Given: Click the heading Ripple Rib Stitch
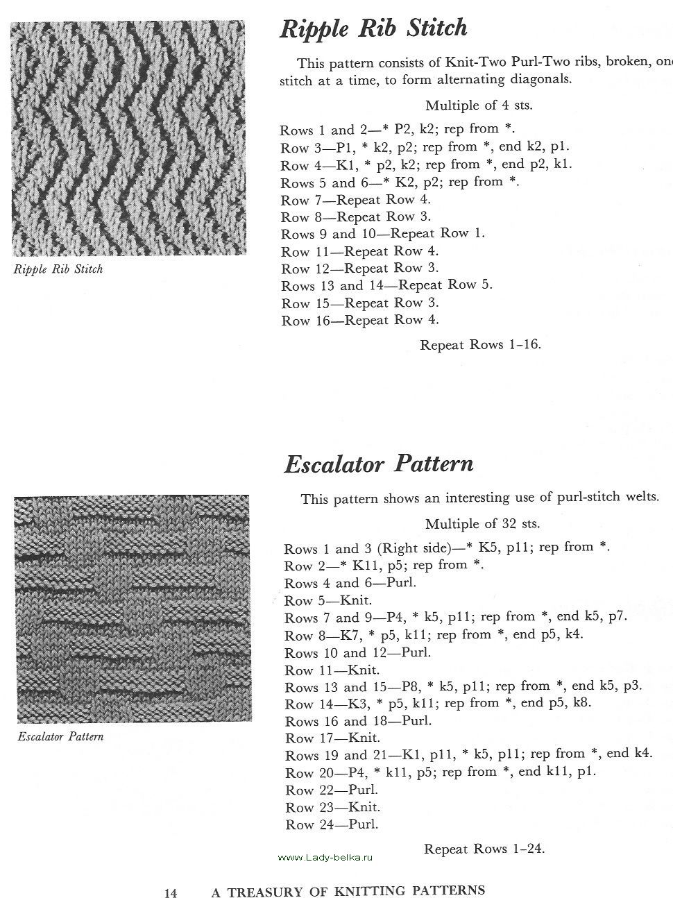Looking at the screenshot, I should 373,28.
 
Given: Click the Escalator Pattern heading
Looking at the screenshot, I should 379,464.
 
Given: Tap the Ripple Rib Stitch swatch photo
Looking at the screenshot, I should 129,139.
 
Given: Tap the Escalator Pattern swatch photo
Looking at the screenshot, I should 131,607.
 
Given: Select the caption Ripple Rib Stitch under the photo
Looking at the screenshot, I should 58,269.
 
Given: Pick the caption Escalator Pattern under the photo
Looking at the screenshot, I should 60,736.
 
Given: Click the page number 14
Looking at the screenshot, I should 171,893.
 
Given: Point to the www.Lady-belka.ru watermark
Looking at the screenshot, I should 325,858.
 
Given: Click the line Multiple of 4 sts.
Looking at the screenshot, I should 479,105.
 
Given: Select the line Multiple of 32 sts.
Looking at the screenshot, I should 482,524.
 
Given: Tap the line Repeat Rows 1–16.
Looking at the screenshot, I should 480,345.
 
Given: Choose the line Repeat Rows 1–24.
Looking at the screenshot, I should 484,849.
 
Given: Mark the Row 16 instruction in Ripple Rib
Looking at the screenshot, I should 360,321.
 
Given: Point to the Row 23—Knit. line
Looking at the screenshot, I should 333,807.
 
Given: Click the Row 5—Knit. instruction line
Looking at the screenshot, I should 328,600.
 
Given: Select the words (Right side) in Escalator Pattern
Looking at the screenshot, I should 423,548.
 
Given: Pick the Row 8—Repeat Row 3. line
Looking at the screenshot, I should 356,217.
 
